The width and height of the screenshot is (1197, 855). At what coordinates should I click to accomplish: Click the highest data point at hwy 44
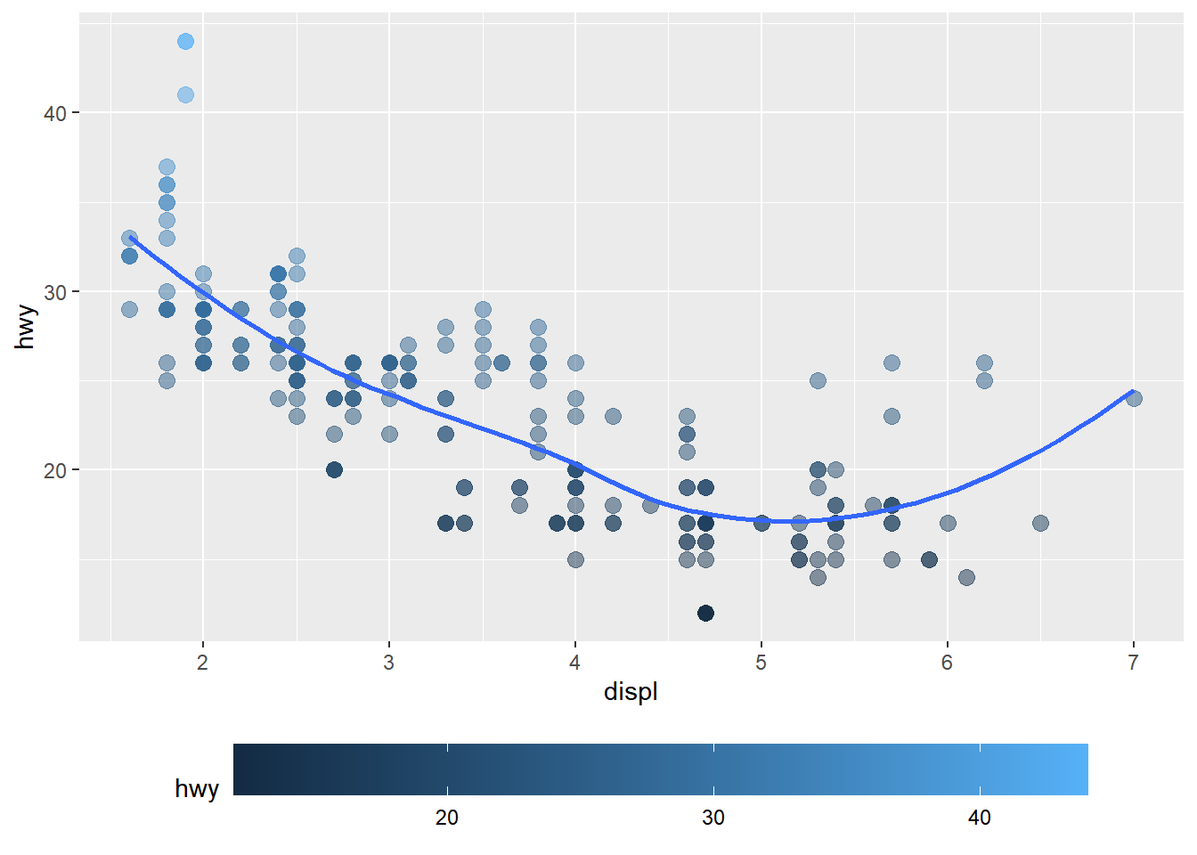click(185, 42)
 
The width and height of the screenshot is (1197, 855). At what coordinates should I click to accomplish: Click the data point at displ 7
click(1134, 398)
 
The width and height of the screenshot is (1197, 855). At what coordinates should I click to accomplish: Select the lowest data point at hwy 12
click(705, 613)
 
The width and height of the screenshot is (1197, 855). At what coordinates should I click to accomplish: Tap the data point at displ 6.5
click(1040, 523)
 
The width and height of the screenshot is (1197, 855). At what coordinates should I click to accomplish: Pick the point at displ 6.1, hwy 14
click(966, 577)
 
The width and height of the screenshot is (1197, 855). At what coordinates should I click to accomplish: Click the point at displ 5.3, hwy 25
click(818, 380)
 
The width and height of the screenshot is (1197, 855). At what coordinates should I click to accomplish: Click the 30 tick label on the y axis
click(55, 292)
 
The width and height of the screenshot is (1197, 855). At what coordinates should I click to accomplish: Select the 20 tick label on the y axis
click(55, 470)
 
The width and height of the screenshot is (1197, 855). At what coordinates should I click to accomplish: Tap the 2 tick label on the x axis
click(203, 663)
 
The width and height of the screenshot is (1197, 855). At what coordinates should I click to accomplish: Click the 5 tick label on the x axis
click(761, 663)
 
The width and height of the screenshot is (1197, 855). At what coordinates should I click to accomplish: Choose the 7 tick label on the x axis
click(1134, 663)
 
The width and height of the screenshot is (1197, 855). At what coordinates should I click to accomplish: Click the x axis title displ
click(631, 692)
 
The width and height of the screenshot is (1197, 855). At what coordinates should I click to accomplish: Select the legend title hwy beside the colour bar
click(197, 789)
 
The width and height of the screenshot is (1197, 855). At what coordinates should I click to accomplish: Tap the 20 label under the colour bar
click(447, 818)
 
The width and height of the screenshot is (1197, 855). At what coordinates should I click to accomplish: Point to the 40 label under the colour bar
click(980, 818)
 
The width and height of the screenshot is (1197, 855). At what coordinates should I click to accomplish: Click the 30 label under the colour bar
click(713, 818)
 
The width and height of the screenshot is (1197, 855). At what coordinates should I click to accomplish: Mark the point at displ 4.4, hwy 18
click(650, 505)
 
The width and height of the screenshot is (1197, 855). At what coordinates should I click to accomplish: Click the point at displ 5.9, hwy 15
click(929, 559)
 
